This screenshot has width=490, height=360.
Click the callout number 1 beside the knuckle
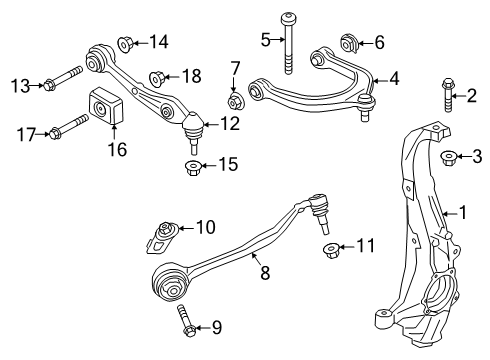point(462,211)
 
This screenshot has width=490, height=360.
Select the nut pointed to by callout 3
point(449,156)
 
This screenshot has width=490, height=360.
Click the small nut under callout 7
point(235,102)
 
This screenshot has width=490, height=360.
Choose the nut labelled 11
point(329,247)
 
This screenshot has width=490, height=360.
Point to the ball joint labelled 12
point(193,127)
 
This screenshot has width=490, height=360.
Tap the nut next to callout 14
point(126,43)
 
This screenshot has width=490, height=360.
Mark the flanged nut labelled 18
point(157,76)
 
